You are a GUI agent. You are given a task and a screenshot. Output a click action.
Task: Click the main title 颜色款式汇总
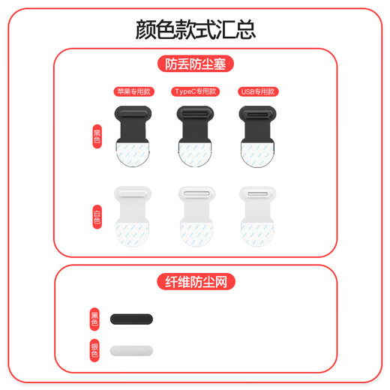pyautogui.click(x=195, y=28)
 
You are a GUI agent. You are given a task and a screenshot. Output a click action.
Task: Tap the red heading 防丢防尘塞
pyautogui.click(x=195, y=64)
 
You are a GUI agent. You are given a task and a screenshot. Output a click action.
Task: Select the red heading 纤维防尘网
pyautogui.click(x=195, y=282)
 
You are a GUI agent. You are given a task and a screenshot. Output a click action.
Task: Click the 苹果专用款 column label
pyautogui.click(x=130, y=91)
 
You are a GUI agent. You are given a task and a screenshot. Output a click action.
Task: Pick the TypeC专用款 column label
pyautogui.click(x=195, y=91)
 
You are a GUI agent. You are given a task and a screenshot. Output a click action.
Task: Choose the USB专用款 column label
pyautogui.click(x=259, y=91)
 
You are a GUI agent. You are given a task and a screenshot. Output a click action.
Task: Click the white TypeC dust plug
pyautogui.click(x=195, y=199)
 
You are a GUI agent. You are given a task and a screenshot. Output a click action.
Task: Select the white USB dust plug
pyautogui.click(x=258, y=199)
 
